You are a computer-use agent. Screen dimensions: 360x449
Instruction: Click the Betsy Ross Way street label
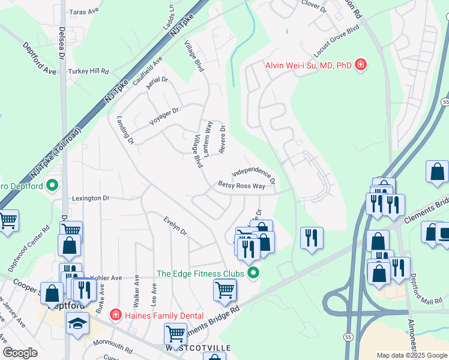(241, 186)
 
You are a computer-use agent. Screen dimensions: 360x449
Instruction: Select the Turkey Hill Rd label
(88, 71)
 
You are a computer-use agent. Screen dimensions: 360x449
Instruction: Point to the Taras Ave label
(84, 11)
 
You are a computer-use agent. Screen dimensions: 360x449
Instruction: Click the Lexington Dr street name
(91, 197)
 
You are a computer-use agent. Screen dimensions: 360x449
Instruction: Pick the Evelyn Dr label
(175, 226)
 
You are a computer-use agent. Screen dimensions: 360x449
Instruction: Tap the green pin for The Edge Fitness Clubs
(254, 274)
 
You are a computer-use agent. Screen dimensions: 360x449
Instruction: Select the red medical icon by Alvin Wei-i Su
(360, 64)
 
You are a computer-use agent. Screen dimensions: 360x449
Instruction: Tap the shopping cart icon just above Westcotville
(175, 333)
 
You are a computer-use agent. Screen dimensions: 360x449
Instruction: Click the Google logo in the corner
(21, 352)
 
